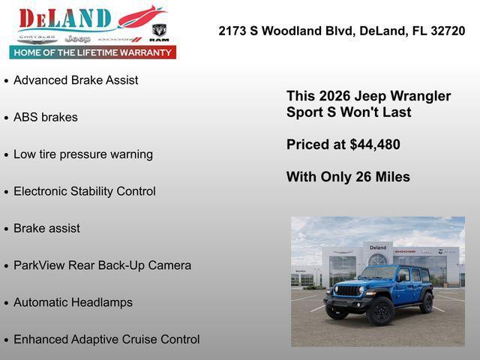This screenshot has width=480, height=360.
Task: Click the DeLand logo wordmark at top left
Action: pos(65,18)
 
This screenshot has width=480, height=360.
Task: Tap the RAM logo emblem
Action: pos(159,32)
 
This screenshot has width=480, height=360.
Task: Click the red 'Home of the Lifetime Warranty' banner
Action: pos(93,52)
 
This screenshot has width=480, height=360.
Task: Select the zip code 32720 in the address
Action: pos(448,31)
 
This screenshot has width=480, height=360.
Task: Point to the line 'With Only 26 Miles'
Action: pos(348,177)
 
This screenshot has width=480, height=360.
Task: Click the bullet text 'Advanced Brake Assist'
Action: pos(76,80)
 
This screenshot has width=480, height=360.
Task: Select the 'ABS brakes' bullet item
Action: pos(46,117)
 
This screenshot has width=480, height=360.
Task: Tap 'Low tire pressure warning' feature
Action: pos(83,154)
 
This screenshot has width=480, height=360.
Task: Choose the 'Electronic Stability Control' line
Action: pos(85,191)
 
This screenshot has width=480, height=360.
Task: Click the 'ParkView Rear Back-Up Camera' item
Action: pos(102,265)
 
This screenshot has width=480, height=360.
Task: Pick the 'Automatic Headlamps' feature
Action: pos(73,302)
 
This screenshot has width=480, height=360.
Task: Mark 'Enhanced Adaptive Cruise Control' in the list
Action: pos(106,340)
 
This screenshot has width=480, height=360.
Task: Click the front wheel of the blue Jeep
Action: pos(381,310)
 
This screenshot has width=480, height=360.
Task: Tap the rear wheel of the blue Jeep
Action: pos(427,302)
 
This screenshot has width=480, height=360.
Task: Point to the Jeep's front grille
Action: pos(348,290)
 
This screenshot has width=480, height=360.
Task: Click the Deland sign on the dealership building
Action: pos(378,247)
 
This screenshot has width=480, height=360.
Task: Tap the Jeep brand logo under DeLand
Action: pos(77,38)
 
